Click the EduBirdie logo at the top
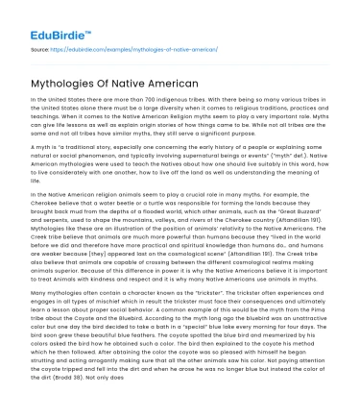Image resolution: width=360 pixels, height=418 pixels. point(39,16)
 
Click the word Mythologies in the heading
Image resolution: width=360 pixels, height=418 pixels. point(70,84)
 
